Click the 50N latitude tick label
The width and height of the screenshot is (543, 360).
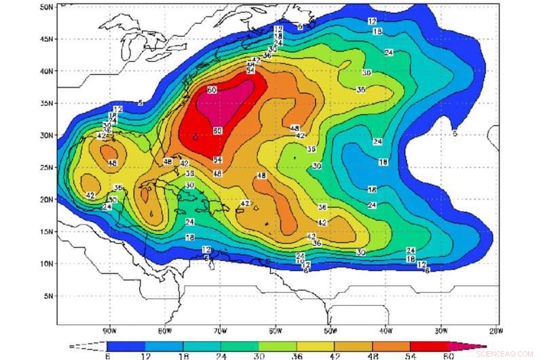click(x=45, y=7)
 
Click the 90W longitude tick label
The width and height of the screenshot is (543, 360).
click(x=108, y=331)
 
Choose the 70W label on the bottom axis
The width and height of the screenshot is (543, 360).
click(x=219, y=331)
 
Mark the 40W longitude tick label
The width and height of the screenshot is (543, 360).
click(x=385, y=331)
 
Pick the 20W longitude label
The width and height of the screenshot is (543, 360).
click(x=495, y=331)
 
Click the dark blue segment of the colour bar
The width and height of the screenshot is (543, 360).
click(x=126, y=346)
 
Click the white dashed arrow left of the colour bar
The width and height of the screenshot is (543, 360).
click(x=88, y=346)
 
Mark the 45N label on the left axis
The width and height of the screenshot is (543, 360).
click(x=45, y=39)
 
